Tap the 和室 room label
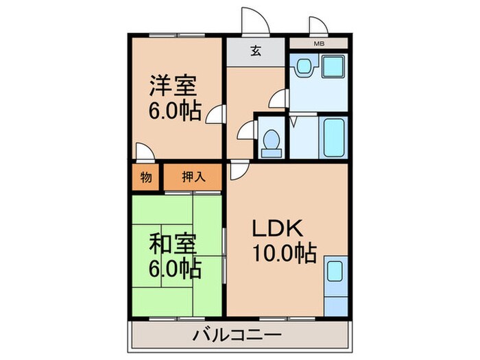tap(174, 244)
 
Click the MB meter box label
tap(319, 44)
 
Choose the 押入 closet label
tap(193, 177)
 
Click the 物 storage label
tap(145, 177)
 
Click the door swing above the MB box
tap(317, 27)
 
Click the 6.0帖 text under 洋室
tap(174, 111)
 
